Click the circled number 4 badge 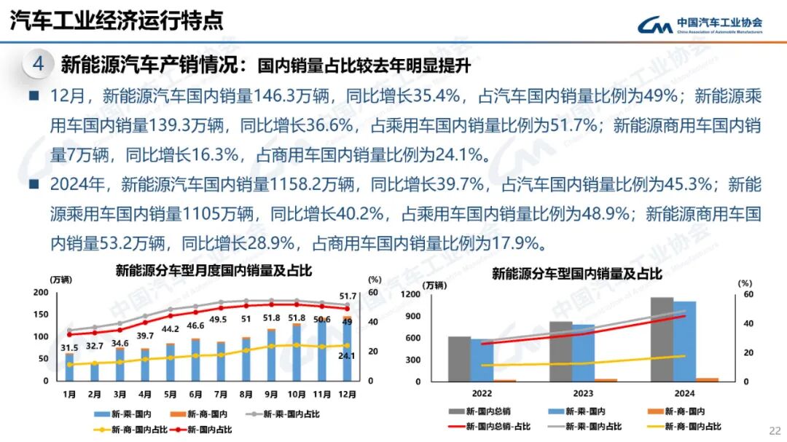pos(38,65)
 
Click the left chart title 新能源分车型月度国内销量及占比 pos(214,271)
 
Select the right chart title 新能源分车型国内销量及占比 pos(576,275)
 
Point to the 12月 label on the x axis pos(348,394)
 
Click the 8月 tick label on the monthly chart pos(246,394)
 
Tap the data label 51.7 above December pos(348,296)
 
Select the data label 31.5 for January pos(69,347)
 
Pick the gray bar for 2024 pos(662,339)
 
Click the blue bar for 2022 pos(481,360)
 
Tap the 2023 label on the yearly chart pos(583,393)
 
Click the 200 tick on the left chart pos(42,293)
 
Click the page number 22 pos(775,429)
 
